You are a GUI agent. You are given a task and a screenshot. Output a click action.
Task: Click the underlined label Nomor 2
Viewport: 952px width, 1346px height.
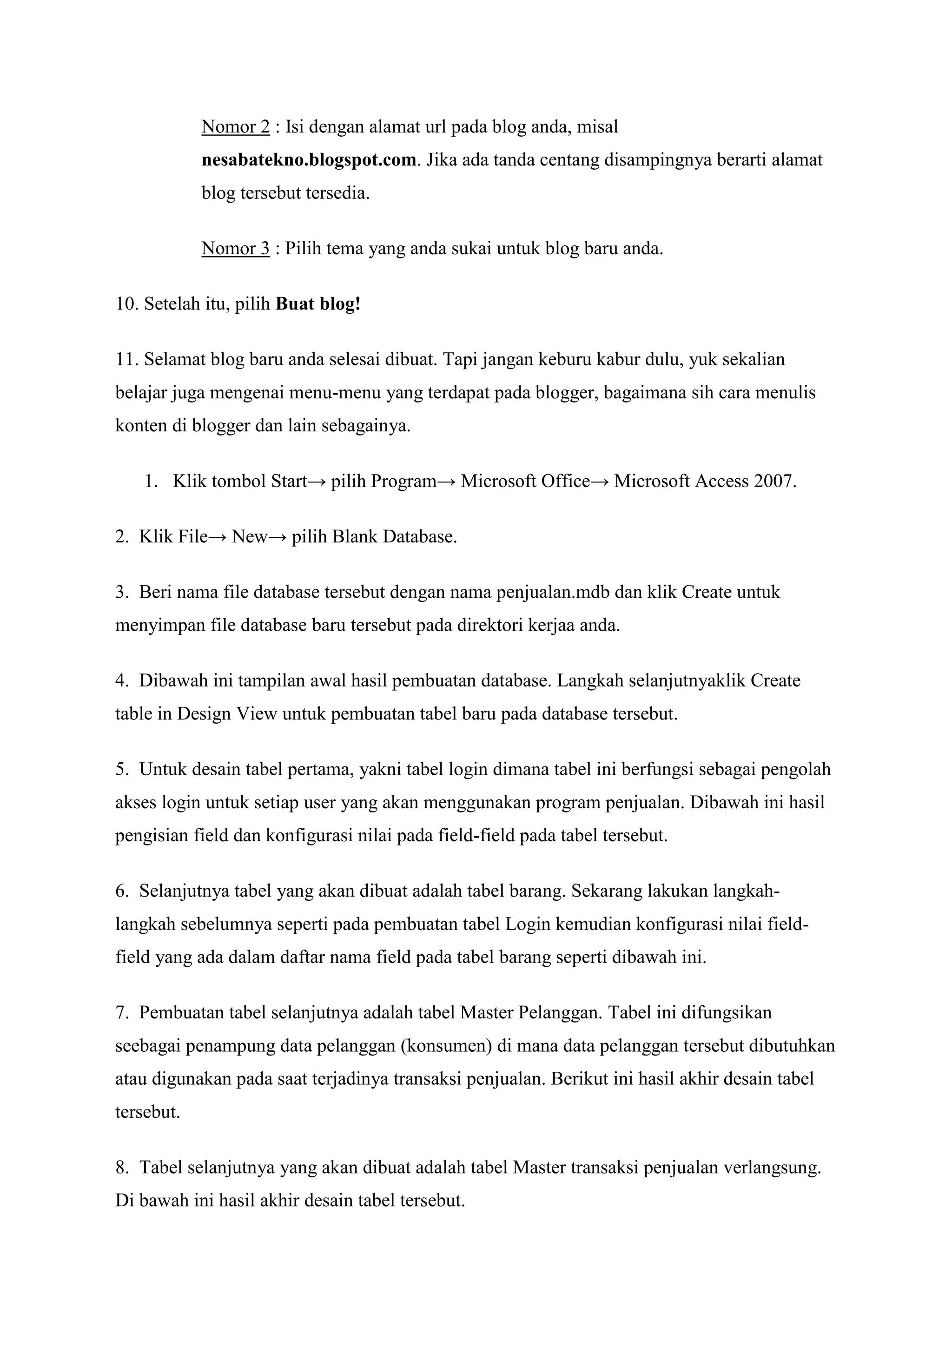pyautogui.click(x=236, y=126)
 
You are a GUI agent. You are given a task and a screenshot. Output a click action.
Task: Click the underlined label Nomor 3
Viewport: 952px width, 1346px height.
pyautogui.click(x=236, y=249)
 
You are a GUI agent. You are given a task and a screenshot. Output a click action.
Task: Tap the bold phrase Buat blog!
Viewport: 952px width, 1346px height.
pyautogui.click(x=318, y=304)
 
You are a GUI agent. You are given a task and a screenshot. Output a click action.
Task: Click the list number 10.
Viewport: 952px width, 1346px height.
pyautogui.click(x=126, y=304)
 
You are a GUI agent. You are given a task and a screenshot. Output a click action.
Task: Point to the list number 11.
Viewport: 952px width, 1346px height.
pyautogui.click(x=126, y=359)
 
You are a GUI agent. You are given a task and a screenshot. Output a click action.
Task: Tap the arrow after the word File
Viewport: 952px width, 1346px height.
pyautogui.click(x=218, y=537)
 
